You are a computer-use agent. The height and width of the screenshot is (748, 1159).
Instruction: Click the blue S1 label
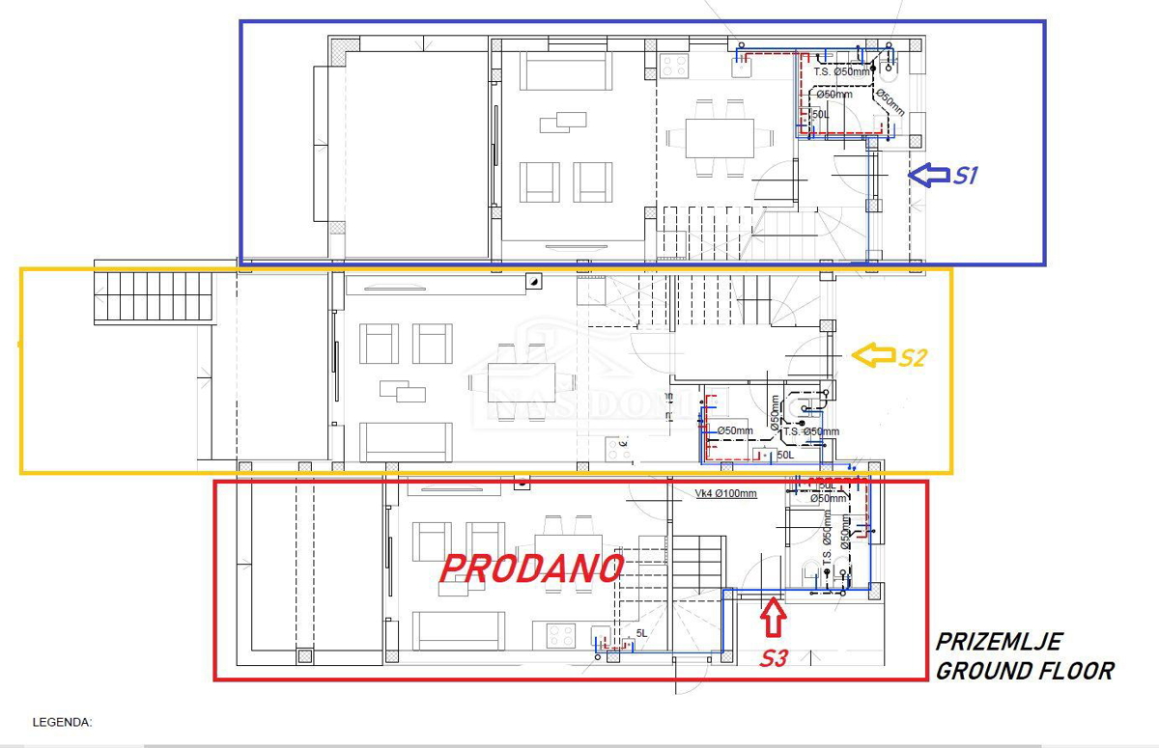966,176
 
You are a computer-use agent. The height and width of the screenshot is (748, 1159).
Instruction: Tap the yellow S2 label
913,357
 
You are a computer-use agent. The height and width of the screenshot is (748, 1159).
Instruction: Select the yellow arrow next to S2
871,356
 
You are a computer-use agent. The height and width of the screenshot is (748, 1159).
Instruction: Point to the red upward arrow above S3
773,618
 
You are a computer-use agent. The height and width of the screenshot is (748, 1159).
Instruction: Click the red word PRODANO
530,568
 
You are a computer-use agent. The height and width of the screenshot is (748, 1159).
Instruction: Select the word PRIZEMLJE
999,642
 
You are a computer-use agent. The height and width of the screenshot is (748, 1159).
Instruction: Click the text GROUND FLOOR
1024,670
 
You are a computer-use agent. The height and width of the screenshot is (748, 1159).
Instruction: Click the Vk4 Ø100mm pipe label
725,493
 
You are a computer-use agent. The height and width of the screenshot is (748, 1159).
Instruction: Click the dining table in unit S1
721,137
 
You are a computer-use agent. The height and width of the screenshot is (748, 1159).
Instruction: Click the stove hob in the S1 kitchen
673,67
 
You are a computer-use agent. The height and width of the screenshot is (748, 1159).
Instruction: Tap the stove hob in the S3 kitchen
561,635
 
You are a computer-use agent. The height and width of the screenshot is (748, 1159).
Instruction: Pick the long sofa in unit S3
458,630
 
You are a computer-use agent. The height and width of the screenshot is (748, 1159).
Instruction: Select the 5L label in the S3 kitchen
640,634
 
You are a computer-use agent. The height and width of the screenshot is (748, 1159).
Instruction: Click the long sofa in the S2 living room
406,442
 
